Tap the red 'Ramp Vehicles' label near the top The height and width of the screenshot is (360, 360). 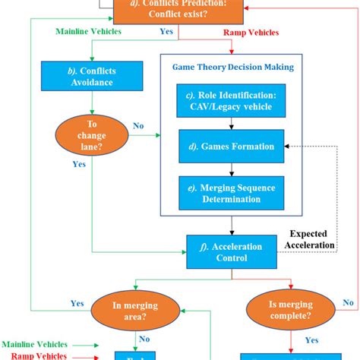251,33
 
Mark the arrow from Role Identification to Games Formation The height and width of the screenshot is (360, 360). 231,125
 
